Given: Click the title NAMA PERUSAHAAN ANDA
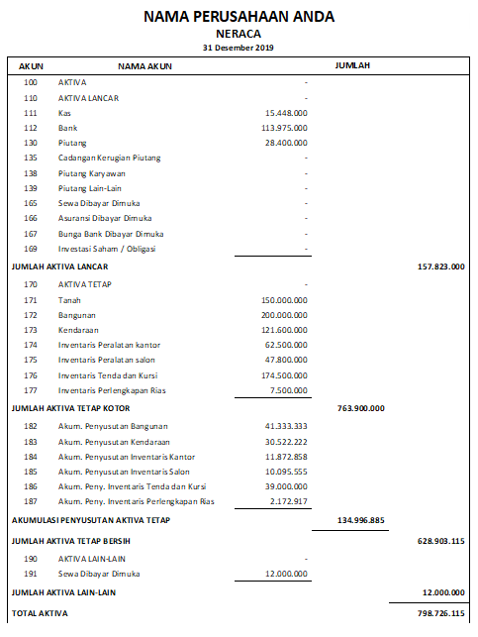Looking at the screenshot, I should [239, 17].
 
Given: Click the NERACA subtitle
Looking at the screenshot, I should [239, 34].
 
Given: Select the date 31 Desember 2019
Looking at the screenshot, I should [239, 47].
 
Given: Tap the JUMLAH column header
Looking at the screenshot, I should [352, 65].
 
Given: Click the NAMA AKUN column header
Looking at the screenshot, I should [145, 65].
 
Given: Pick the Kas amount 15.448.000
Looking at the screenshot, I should [284, 113].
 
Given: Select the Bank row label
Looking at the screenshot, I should [68, 128].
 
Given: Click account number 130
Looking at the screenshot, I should [31, 143].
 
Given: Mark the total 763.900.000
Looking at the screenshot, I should [360, 406].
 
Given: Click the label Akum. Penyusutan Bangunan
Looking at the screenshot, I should [113, 425].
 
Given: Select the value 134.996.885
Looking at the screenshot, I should [360, 518].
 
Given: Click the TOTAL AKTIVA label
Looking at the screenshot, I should [40, 614].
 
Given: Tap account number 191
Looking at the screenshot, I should [31, 574].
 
